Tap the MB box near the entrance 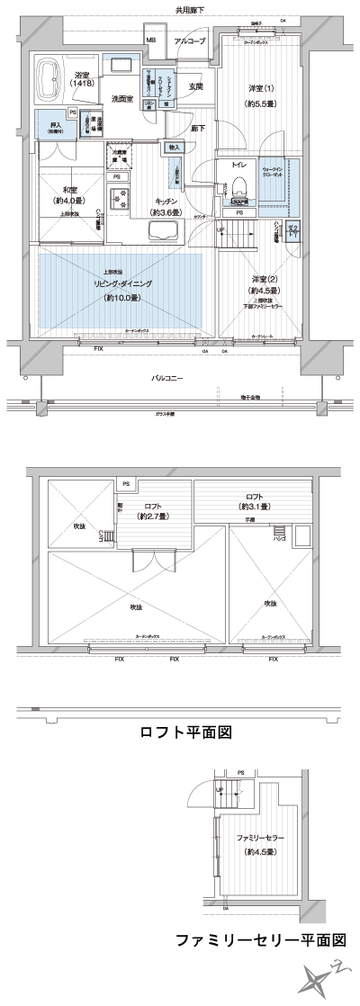coord(150,41)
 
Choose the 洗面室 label coord(123,97)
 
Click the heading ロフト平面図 coord(187,732)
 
